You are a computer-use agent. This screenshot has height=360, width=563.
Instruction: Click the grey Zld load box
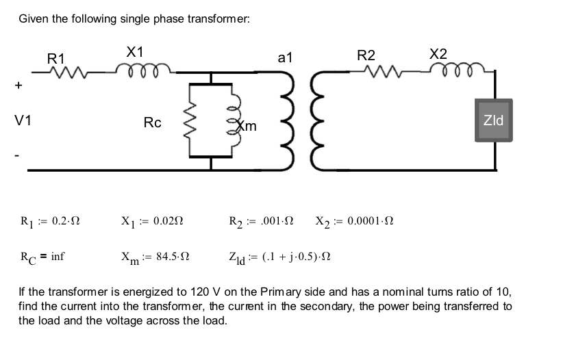pyautogui.click(x=493, y=121)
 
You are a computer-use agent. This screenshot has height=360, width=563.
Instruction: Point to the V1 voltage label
pyautogui.click(x=23, y=121)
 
